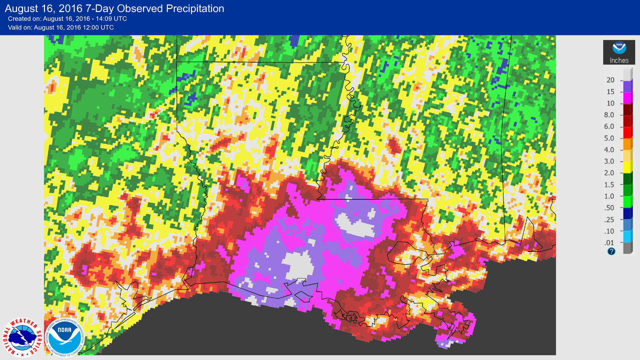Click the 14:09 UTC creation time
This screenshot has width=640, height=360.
tap(108, 18)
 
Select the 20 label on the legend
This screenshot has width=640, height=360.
tap(610, 80)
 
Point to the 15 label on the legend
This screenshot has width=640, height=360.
tap(610, 91)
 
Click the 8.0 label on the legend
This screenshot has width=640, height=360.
tap(609, 114)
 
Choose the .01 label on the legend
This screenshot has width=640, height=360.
tap(610, 242)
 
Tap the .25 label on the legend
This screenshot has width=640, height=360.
tap(610, 219)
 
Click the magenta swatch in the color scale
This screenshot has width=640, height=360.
tap(627, 97)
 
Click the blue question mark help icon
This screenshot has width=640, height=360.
tap(611, 251)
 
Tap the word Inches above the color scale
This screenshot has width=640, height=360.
tap(619, 60)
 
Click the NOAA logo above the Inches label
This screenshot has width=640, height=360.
tap(619, 48)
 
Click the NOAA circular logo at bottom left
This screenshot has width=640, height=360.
tap(63, 335)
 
